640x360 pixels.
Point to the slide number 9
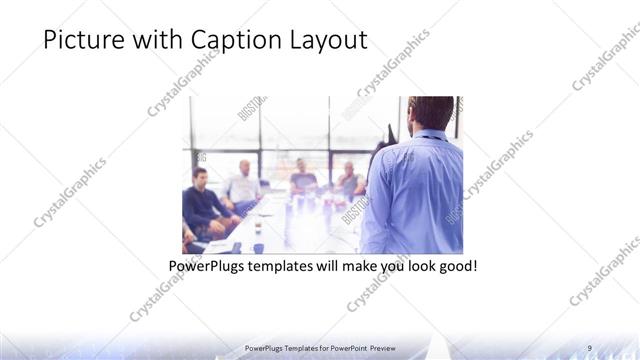coord(589,347)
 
